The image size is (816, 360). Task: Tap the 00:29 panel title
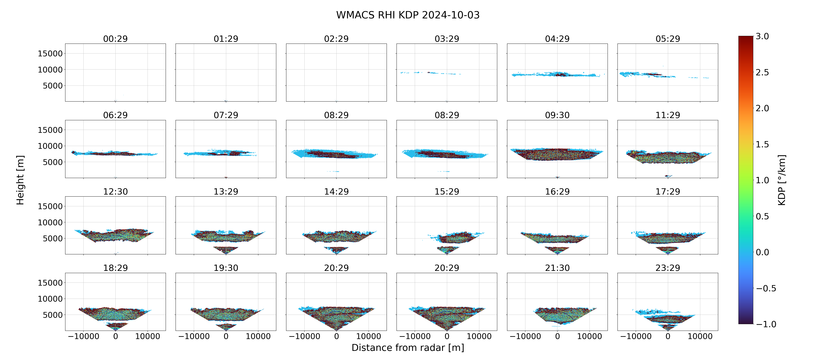[115, 39]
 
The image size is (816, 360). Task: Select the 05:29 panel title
[668, 39]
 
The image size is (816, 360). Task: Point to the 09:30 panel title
[557, 115]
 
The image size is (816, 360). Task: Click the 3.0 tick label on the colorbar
[762, 36]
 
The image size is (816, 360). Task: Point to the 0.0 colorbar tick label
[762, 252]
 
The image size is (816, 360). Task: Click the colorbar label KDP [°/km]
[782, 180]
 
